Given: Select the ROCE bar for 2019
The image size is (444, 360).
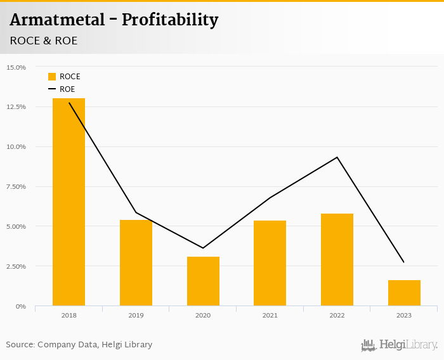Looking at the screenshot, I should tap(136, 262).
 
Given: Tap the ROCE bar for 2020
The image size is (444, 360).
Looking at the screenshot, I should tap(203, 281).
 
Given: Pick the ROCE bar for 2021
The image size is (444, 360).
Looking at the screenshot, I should tap(270, 263).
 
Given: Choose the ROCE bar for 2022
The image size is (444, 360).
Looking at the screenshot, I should tap(337, 259).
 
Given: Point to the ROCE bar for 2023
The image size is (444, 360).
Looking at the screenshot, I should tap(404, 293).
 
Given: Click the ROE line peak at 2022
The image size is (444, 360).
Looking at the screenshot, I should tap(337, 157).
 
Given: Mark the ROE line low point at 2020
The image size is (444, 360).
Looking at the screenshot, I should tap(203, 248).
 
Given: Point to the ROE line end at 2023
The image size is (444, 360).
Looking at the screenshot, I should tap(403, 262).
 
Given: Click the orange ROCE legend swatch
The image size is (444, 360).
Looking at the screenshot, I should tap(52, 77).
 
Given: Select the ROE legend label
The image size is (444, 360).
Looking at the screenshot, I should tap(67, 89).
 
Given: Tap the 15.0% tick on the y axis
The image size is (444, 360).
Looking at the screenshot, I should tap(16, 67).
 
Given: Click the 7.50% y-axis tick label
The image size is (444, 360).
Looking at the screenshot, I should tap(16, 186).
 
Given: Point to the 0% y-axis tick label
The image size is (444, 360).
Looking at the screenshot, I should tap(21, 306).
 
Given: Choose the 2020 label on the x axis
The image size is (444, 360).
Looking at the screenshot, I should tap(203, 315).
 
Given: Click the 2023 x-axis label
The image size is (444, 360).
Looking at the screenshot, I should tap(404, 315).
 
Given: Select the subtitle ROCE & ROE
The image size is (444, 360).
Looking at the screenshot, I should tap(44, 41).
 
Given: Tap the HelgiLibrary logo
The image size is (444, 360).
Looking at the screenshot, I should tap(399, 345).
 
